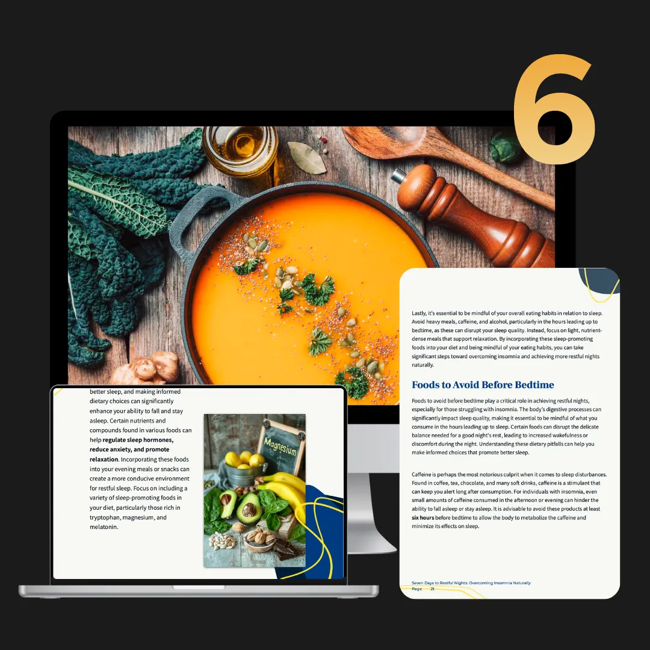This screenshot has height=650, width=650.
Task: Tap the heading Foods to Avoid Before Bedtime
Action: pyautogui.click(x=483, y=385)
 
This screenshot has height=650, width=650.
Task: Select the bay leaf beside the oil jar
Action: pyautogui.click(x=308, y=158)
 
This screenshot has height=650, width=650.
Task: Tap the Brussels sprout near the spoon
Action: pyautogui.click(x=504, y=147)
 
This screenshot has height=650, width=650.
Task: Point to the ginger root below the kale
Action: pyautogui.click(x=147, y=368)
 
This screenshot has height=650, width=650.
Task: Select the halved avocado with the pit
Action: pyautogui.click(x=249, y=509)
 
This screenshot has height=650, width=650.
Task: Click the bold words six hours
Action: pyautogui.click(x=423, y=518)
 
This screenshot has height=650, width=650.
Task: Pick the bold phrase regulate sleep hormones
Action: pyautogui.click(x=138, y=440)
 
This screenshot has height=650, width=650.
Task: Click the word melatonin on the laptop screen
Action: pyautogui.click(x=104, y=527)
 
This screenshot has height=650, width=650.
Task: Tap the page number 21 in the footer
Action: pyautogui.click(x=432, y=589)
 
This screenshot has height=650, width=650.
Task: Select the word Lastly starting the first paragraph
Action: pyautogui.click(x=419, y=314)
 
